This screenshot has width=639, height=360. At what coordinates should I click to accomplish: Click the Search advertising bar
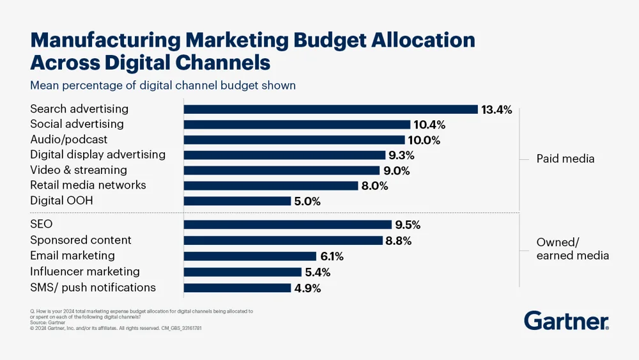pyautogui.click(x=330, y=109)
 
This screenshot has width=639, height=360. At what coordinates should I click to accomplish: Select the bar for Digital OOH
pyautogui.click(x=237, y=201)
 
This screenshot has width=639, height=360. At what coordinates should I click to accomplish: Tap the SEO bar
pyautogui.click(x=288, y=224)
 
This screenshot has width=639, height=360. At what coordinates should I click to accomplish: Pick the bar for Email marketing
pyautogui.click(x=250, y=256)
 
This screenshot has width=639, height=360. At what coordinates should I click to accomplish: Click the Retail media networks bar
pyautogui.click(x=271, y=185)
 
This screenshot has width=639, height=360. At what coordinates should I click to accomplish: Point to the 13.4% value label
pyautogui.click(x=497, y=110)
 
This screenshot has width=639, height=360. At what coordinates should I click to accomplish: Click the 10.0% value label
pyautogui.click(x=424, y=141)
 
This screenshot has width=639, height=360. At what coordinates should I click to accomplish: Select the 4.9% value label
pyautogui.click(x=307, y=288)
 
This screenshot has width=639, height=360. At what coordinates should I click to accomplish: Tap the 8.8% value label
pyautogui.click(x=398, y=241)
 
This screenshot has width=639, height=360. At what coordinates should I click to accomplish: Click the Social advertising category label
pyautogui.click(x=77, y=124)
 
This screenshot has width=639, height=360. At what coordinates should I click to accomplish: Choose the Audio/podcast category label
pyautogui.click(x=69, y=139)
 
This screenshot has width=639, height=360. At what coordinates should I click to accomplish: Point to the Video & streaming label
pyautogui.click(x=79, y=170)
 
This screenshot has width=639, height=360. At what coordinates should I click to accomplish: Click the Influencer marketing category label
pyautogui.click(x=85, y=272)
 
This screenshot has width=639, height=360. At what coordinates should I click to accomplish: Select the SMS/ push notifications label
pyautogui.click(x=93, y=288)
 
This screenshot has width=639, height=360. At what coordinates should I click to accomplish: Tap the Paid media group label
pyautogui.click(x=565, y=159)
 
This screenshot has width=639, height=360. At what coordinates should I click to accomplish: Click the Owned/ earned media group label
pyautogui.click(x=572, y=249)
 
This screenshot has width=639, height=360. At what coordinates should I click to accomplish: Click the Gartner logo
pyautogui.click(x=566, y=321)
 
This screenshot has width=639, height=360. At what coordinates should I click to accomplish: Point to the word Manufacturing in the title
pyautogui.click(x=105, y=40)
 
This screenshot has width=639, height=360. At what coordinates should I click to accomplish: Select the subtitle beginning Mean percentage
pyautogui.click(x=163, y=85)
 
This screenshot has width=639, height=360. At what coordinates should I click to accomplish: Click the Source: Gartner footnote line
pyautogui.click(x=48, y=323)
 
